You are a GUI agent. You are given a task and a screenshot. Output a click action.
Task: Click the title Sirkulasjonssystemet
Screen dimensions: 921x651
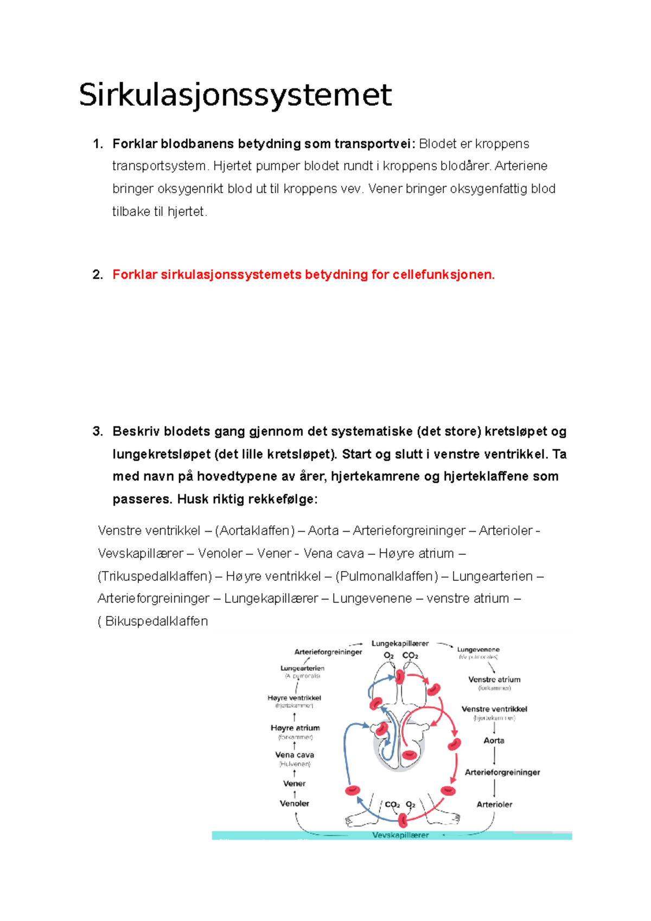[x=235, y=95]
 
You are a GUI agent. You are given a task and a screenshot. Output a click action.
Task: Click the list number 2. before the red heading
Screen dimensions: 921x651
[x=98, y=275]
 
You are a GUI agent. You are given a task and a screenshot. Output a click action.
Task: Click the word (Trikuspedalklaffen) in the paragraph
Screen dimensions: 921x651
[x=155, y=576]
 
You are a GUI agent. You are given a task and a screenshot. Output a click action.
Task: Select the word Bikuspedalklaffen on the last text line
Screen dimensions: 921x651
[x=156, y=621]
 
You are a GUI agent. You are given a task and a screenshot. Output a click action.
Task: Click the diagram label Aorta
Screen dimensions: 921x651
[x=494, y=740]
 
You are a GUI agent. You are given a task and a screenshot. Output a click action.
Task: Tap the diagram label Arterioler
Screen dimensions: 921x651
[x=494, y=804]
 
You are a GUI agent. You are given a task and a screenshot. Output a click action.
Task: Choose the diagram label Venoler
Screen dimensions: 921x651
[x=294, y=803]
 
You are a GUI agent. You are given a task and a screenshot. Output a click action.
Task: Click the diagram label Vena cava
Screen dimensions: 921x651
[x=294, y=754]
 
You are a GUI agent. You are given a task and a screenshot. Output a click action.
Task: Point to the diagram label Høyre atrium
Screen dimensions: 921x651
[x=295, y=728]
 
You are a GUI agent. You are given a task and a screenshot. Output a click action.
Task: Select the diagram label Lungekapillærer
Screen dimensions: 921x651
[x=400, y=643]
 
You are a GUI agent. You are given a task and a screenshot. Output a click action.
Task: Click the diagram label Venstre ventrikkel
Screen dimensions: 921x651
[x=494, y=709]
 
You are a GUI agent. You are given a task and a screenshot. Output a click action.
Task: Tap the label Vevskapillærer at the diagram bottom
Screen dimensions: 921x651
[x=400, y=835]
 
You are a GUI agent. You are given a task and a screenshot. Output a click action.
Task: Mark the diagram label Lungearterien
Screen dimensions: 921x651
[x=302, y=668]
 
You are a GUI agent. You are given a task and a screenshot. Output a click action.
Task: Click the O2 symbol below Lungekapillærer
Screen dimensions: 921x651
[x=388, y=656]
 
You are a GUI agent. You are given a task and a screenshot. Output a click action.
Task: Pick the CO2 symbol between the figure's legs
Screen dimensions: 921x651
[x=392, y=804]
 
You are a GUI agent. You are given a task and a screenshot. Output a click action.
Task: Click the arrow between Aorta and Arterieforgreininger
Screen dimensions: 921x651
[x=494, y=756]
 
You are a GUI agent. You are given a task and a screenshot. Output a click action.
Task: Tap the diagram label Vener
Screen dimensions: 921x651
[x=294, y=783]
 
